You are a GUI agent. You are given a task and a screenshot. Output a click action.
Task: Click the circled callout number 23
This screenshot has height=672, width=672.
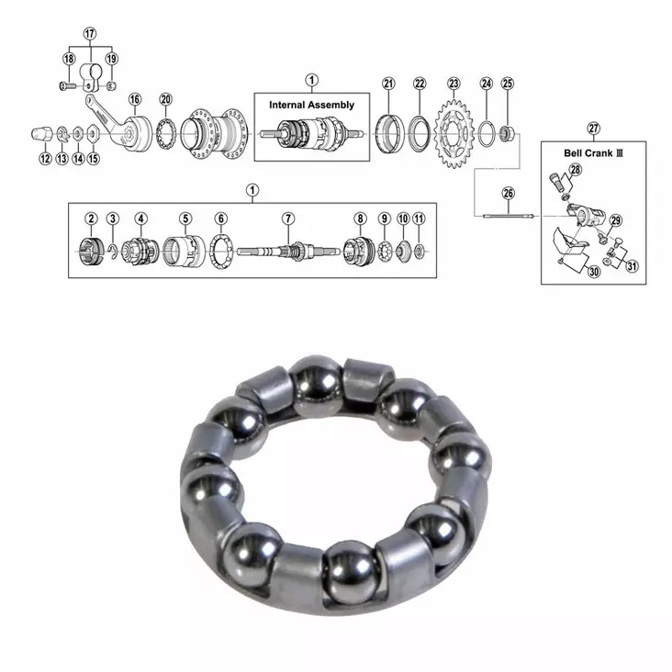coord(454,84)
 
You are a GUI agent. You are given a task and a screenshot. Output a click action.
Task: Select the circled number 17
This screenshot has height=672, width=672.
coord(89,34)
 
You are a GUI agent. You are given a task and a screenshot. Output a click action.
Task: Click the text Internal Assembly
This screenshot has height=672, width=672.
coord(311,106)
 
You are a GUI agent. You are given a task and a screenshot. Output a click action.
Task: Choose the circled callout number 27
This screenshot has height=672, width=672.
coord(593,128)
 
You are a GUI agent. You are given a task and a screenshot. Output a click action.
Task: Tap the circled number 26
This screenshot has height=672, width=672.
coord(508,194)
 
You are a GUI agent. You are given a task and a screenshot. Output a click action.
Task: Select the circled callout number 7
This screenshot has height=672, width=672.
coord(287,218)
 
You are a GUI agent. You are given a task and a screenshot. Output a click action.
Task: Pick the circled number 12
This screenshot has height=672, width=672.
coord(45,158)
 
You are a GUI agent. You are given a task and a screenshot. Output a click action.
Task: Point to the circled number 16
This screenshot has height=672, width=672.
coord(134,99)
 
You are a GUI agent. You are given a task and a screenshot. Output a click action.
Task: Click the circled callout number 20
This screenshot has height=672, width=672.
coord(165,99)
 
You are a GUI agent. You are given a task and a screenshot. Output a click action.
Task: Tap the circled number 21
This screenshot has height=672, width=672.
coord(388,84)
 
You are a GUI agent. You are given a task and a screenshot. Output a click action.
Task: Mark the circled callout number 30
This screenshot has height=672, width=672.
coord(593,272)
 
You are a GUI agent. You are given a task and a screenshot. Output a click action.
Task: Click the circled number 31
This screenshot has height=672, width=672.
coord(631,266)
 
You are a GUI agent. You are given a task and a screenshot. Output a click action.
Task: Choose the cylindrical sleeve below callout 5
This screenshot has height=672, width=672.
coord(185,250)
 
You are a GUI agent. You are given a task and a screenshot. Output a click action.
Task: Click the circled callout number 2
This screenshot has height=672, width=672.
coord(91,218)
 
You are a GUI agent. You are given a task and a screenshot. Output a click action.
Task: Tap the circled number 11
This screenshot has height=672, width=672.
coord(419,218)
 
